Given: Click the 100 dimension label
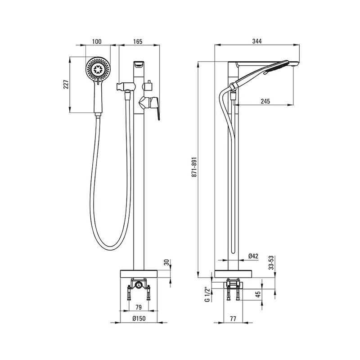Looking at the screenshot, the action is (97, 41).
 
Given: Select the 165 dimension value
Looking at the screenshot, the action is (138, 41).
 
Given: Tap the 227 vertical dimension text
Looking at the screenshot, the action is (66, 85).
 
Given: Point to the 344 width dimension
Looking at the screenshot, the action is (257, 41).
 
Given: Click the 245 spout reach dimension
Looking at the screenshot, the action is (265, 101).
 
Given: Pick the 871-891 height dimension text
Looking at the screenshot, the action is (194, 167).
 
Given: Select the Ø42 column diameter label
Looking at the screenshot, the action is (253, 256).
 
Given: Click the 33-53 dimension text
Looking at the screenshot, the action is (272, 262).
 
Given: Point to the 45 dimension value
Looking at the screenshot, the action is (258, 294).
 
